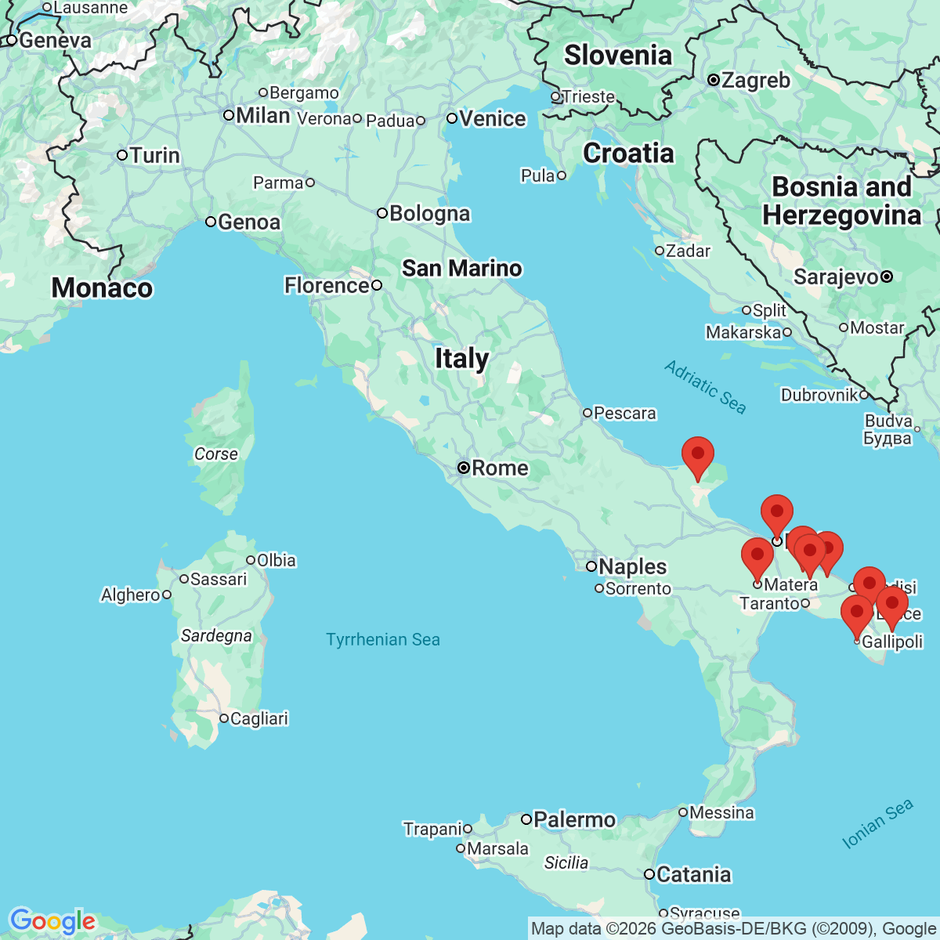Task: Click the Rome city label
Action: click(x=499, y=468)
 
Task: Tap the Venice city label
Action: click(x=492, y=119)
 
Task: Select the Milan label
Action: click(x=262, y=116)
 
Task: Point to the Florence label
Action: click(x=326, y=286)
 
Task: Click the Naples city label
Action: click(x=632, y=566)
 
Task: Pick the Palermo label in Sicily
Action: click(x=573, y=820)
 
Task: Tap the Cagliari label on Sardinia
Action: click(x=258, y=718)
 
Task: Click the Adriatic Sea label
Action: click(x=705, y=386)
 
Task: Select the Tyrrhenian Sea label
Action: click(x=383, y=640)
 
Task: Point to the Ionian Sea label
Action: click(x=877, y=824)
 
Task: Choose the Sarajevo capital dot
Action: click(x=887, y=277)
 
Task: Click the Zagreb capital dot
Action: click(x=714, y=80)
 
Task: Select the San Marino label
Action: click(x=461, y=269)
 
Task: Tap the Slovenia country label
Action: click(x=617, y=56)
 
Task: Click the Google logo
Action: click(x=52, y=921)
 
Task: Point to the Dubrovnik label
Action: click(x=819, y=395)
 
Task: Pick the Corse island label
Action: click(x=215, y=454)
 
